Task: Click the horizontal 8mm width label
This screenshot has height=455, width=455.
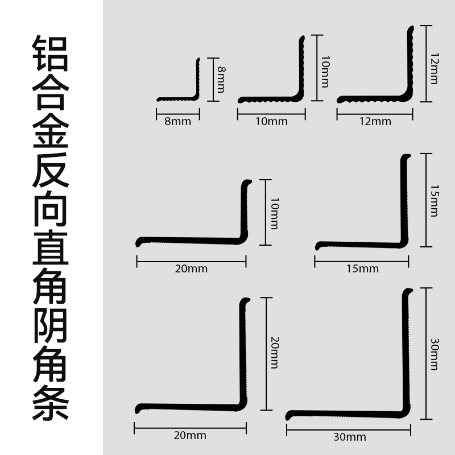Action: coord(177,121)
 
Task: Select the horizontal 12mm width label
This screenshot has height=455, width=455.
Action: coord(375,121)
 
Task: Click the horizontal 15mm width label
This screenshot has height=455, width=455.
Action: coord(362,268)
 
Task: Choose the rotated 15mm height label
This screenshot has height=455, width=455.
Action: coord(435,201)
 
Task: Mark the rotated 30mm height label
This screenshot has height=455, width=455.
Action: coord(435,354)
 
